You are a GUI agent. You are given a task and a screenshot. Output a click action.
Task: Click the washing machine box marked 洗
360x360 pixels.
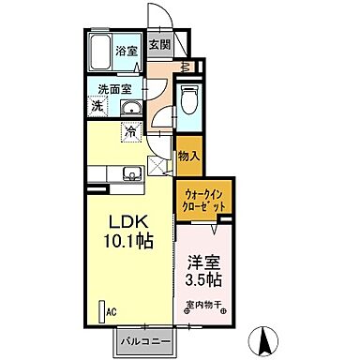pyautogui.click(x=97, y=107)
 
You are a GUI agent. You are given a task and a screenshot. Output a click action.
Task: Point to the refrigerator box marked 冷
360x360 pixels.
pyautogui.click(x=131, y=131)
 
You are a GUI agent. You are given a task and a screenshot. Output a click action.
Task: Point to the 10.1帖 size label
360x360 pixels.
pyautogui.click(x=130, y=241)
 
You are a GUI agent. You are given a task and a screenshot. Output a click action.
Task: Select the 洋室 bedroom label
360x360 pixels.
pyautogui.click(x=203, y=264)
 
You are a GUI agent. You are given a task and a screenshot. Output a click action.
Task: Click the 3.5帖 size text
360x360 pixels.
pyautogui.click(x=203, y=280)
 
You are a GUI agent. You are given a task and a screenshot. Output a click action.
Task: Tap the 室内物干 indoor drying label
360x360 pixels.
pyautogui.click(x=203, y=304)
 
